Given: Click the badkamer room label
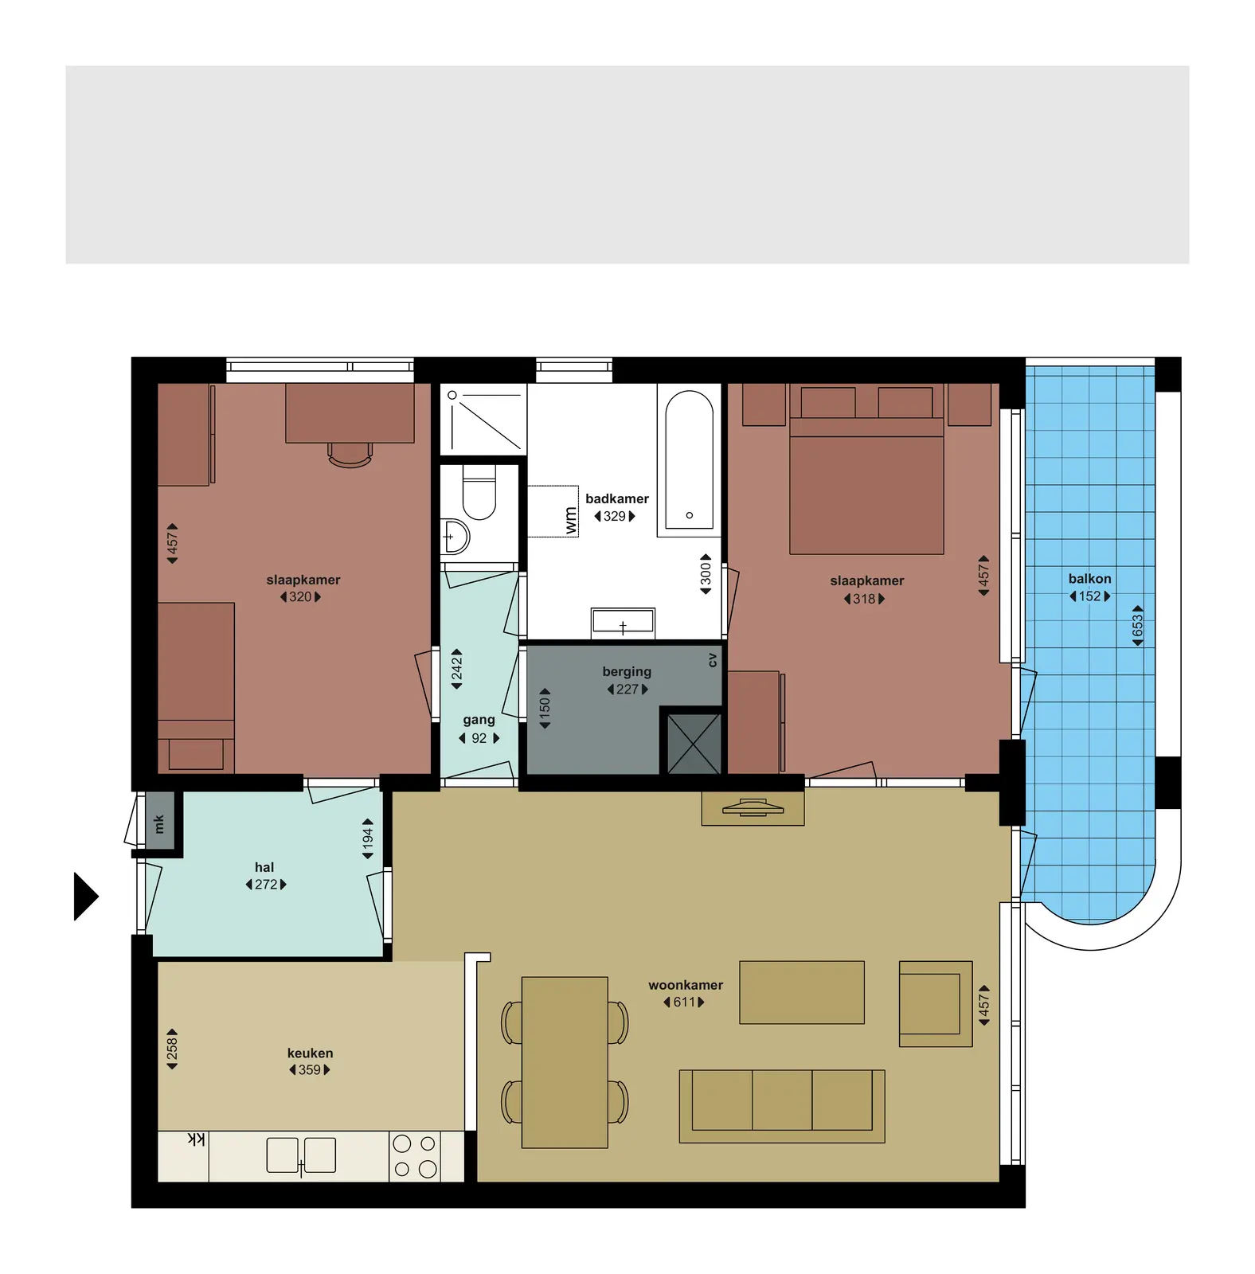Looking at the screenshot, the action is click(x=616, y=498).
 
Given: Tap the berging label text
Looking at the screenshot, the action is click(x=627, y=672).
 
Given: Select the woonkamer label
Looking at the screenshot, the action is click(x=686, y=985).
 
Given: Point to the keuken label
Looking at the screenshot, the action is click(x=310, y=1053).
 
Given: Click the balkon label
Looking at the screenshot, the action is click(x=1089, y=579).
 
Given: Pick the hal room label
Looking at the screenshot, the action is click(x=264, y=867).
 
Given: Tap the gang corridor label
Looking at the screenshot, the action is click(x=479, y=720).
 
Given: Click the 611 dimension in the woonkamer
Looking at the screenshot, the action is click(x=684, y=1002).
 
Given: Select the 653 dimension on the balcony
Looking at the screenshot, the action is click(x=1137, y=626).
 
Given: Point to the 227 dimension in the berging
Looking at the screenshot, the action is click(x=627, y=690).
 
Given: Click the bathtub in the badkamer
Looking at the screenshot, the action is click(x=689, y=460).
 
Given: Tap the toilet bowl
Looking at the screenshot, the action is click(x=479, y=493).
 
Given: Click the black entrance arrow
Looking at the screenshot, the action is click(x=85, y=897).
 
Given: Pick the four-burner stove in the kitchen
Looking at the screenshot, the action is click(x=414, y=1156).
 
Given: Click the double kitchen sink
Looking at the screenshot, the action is click(x=301, y=1155).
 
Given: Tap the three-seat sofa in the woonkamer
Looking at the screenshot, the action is click(x=782, y=1106).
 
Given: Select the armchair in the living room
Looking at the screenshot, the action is click(x=936, y=1003).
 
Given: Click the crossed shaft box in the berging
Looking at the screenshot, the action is click(x=694, y=744).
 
